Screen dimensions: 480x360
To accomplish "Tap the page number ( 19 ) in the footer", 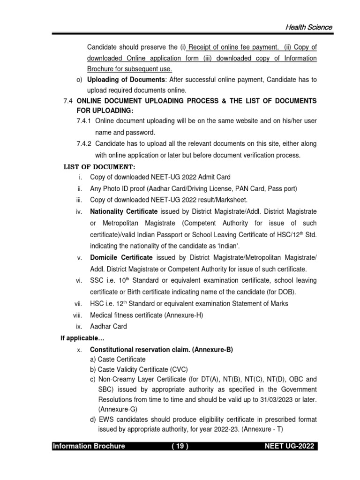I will [x=180, y=446].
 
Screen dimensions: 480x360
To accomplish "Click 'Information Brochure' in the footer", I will [x=89, y=446].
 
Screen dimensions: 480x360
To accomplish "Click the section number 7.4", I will [x=68, y=101].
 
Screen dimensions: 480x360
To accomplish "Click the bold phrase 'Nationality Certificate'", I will [x=121, y=211].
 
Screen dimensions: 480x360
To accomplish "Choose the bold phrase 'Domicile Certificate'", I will [x=121, y=257].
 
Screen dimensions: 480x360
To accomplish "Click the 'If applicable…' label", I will [x=75, y=337].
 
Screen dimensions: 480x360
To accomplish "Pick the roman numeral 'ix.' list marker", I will [x=79, y=326].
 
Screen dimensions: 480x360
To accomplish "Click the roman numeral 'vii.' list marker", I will [x=78, y=303].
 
